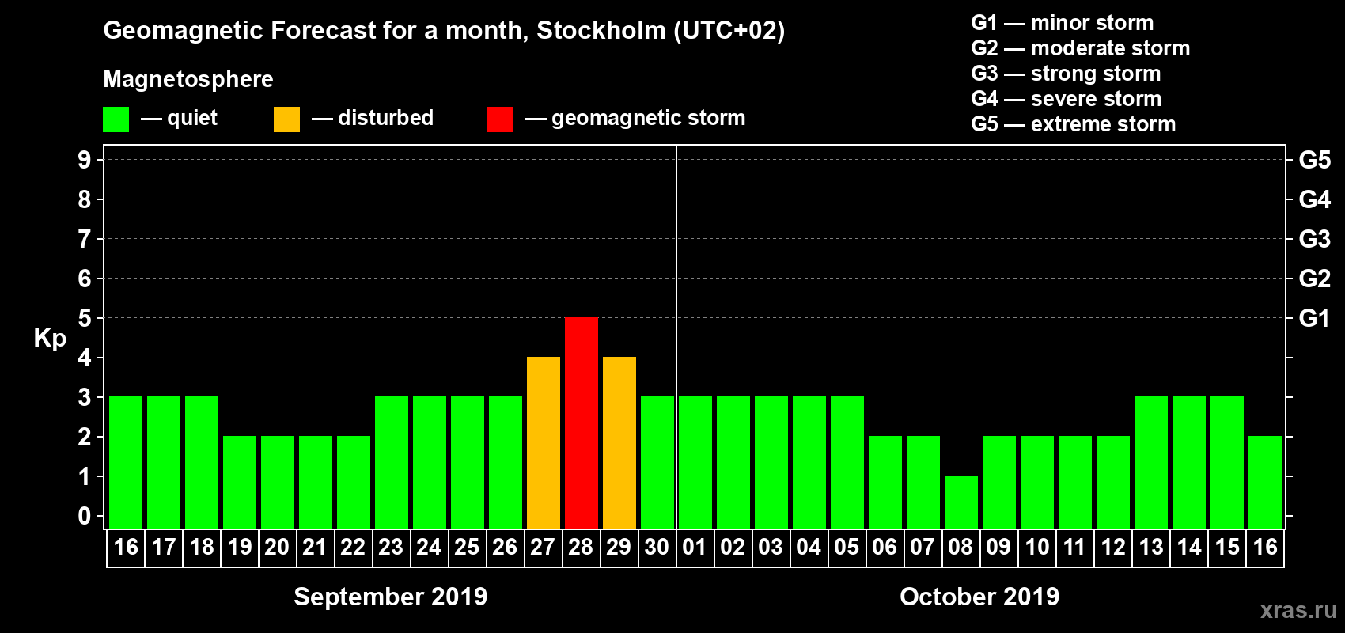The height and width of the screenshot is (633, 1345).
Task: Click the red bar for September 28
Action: tap(582, 423)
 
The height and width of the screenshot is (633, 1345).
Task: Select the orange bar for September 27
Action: tap(544, 442)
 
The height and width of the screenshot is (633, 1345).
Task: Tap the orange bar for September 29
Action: tap(619, 442)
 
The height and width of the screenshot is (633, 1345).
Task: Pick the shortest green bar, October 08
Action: tap(961, 502)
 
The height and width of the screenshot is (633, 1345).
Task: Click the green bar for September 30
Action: tap(657, 462)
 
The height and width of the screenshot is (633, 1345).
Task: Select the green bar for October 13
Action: tap(1151, 462)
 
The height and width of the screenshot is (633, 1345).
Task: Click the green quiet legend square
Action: tap(116, 119)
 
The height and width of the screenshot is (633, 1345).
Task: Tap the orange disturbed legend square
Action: tap(286, 119)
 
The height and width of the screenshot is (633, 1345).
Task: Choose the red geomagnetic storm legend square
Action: tap(500, 119)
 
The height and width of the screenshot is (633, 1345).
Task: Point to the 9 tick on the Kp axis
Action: tap(85, 160)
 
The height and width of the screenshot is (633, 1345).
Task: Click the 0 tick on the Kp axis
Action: tap(85, 516)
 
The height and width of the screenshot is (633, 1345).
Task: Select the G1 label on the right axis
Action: tap(1314, 318)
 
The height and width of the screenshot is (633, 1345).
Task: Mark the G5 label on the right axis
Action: tap(1314, 160)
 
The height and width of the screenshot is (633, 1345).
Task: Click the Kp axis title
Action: tap(50, 338)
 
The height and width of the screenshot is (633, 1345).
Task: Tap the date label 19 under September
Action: tap(240, 547)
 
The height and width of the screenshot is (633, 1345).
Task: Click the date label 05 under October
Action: tap(847, 547)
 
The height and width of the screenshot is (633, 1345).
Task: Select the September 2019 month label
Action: tap(391, 597)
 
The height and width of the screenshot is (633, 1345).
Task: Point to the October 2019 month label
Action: tap(979, 597)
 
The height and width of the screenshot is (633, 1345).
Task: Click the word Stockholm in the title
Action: tap(601, 31)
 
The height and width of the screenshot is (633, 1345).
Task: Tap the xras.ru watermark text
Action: tap(1298, 610)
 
